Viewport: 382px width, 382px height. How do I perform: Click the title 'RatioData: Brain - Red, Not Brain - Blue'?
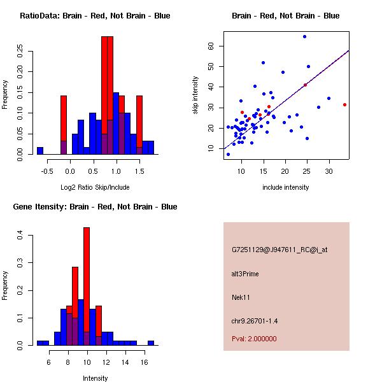95,16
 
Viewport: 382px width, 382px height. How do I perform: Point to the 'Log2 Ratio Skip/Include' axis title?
95,187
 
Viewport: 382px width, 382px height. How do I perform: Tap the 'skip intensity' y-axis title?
196,95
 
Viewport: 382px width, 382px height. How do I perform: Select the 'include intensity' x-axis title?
285,187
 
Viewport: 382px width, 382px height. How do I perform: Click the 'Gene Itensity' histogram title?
95,207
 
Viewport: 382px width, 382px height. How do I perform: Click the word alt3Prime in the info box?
245,274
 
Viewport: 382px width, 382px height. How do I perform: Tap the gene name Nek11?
240,297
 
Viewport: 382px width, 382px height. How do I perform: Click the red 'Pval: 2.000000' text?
254,339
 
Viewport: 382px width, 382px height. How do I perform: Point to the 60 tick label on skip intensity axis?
209,46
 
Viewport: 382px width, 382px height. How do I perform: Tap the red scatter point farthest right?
344,104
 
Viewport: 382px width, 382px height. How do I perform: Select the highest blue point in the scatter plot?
304,37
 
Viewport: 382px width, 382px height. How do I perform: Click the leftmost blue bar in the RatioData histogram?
40,151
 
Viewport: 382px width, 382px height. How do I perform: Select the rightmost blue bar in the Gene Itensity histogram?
151,343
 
